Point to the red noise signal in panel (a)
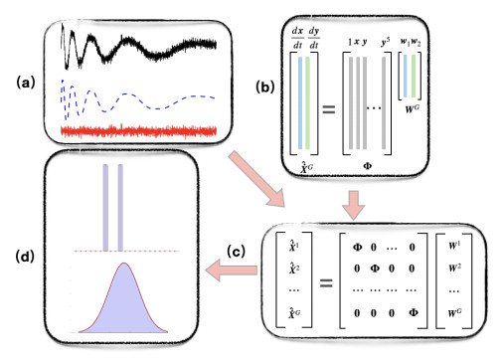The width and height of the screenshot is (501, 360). [x=139, y=130]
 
